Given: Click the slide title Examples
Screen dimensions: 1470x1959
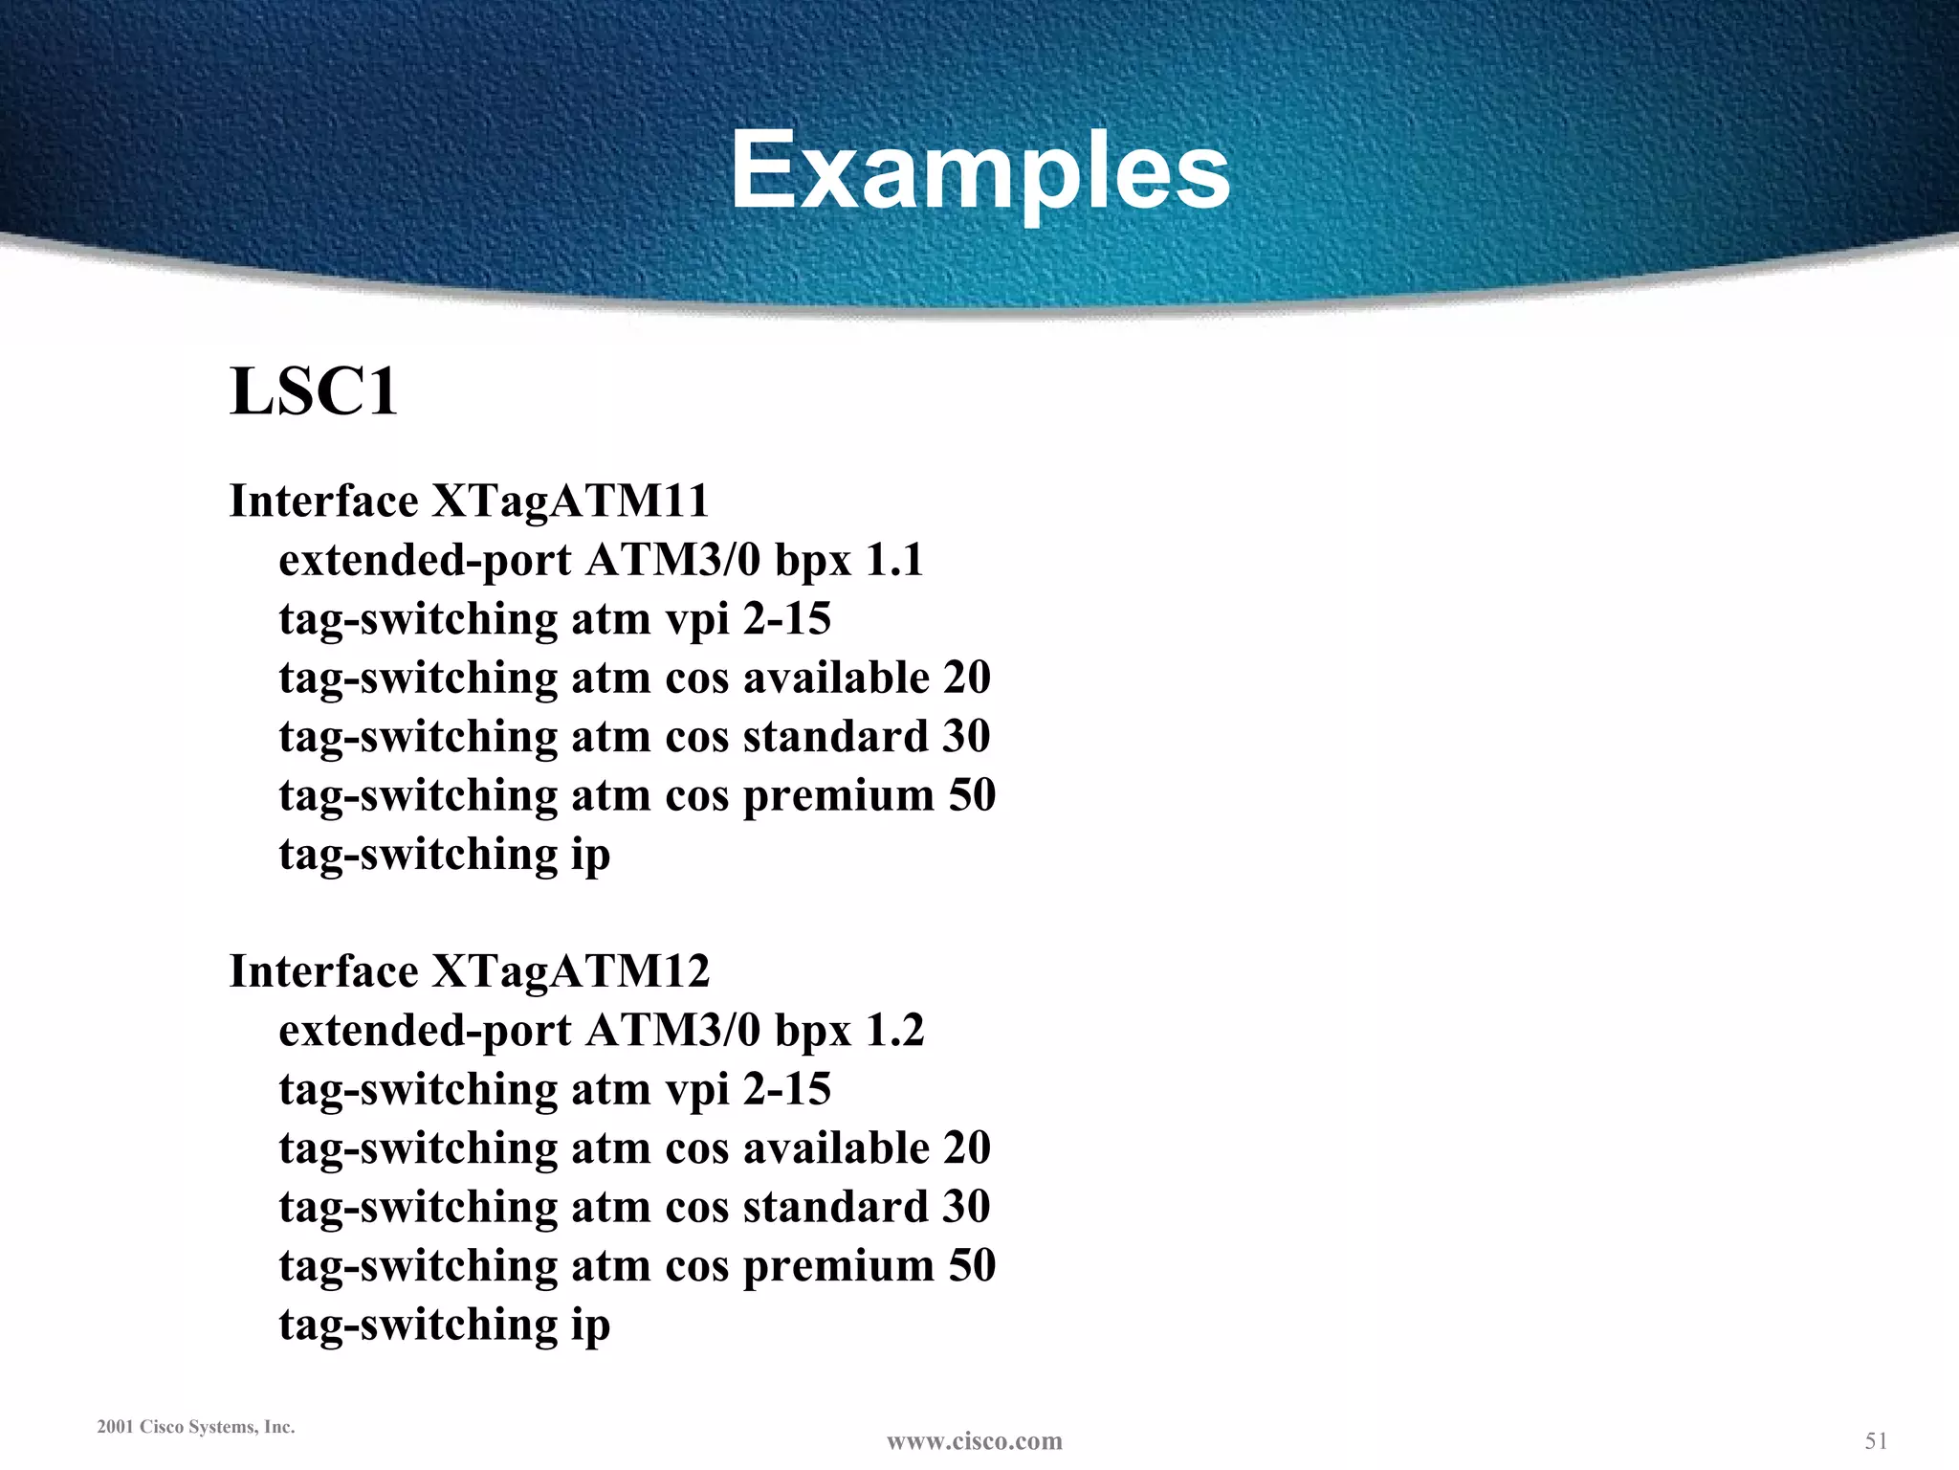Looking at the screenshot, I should pyautogui.click(x=980, y=172).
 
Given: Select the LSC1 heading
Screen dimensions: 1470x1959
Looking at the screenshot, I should pyautogui.click(x=314, y=391).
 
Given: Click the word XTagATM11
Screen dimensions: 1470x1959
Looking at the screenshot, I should pyautogui.click(x=570, y=501).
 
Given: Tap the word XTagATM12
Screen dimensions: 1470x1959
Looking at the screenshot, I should pyautogui.click(x=570, y=971).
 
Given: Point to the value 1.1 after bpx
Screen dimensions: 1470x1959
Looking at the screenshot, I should pyautogui.click(x=893, y=560).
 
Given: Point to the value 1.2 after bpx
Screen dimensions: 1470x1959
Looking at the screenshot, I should pyautogui.click(x=894, y=1031).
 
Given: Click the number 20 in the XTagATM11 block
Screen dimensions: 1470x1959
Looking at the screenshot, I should pyautogui.click(x=966, y=678).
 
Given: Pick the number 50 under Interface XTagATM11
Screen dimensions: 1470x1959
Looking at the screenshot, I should pyautogui.click(x=971, y=795).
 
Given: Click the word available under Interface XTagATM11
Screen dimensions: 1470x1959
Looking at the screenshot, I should pyautogui.click(x=836, y=678).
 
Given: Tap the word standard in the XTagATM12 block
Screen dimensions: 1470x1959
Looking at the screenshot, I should pyautogui.click(x=835, y=1207).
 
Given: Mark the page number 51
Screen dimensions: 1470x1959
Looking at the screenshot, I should pyautogui.click(x=1876, y=1440).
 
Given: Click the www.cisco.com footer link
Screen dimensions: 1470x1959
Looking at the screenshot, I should pyautogui.click(x=975, y=1441).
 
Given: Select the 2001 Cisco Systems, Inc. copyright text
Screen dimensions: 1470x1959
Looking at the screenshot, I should pyautogui.click(x=196, y=1427).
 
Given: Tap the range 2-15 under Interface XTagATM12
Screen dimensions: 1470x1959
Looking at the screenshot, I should pyautogui.click(x=786, y=1089).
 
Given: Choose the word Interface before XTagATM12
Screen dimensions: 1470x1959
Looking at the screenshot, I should pyautogui.click(x=323, y=971).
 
